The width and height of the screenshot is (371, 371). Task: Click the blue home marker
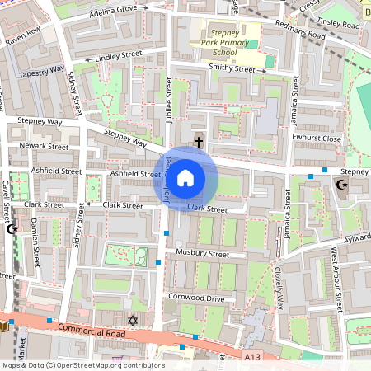pos(185,176)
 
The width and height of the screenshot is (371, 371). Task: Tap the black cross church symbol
pos(199,142)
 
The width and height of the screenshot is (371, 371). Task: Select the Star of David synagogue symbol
pos(131,319)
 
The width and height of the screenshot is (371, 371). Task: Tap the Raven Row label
pos(23,39)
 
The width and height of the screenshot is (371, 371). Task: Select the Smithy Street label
pos(232,69)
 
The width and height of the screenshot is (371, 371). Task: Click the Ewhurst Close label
pos(317,139)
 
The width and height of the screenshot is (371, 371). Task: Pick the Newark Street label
pos(45,146)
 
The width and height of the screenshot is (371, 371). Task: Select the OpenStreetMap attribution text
pos(82,365)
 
